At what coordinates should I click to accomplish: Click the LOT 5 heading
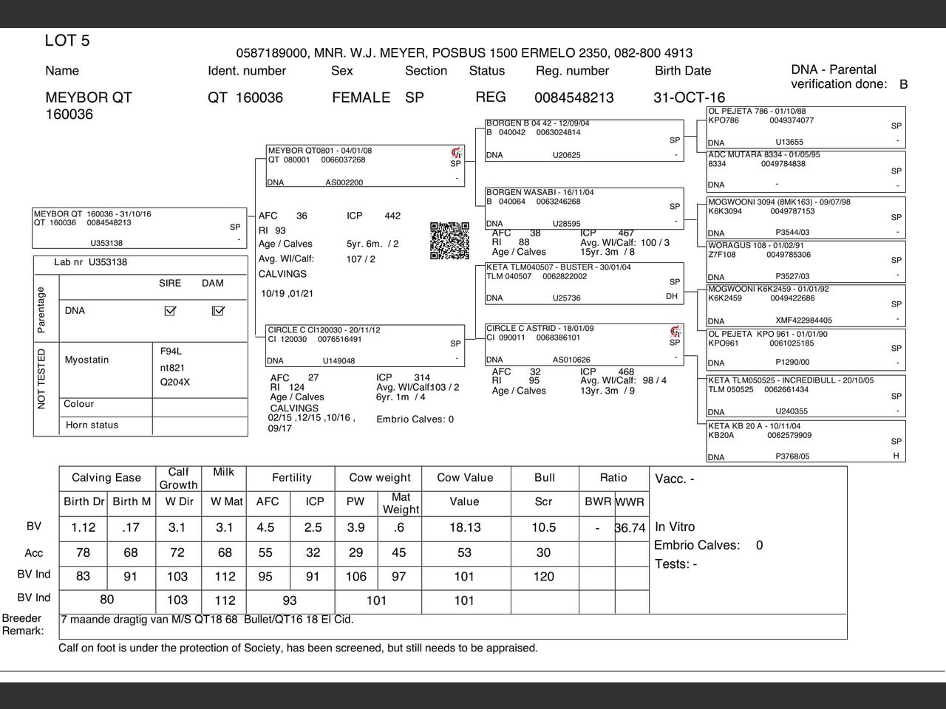tap(67, 41)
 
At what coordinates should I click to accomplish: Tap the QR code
tap(449, 241)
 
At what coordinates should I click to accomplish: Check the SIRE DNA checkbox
tap(170, 311)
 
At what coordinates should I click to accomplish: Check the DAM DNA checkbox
tap(217, 311)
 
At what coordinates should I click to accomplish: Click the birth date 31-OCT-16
tap(689, 97)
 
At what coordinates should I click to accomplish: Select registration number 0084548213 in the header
tap(574, 97)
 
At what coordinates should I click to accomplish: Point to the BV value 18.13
tap(464, 527)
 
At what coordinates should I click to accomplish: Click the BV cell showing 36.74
tap(630, 528)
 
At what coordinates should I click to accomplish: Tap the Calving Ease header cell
tap(106, 478)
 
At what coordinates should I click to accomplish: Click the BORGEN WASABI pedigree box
tap(584, 208)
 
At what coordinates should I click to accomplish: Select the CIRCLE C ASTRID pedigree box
tap(584, 344)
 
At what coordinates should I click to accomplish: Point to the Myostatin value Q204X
tap(175, 383)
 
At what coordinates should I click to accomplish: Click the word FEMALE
tap(361, 97)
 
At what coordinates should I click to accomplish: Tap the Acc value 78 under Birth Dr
tap(83, 553)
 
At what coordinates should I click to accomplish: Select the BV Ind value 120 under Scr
tap(543, 577)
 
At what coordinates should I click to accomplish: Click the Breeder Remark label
tap(23, 624)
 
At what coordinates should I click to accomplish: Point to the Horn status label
tap(92, 425)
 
